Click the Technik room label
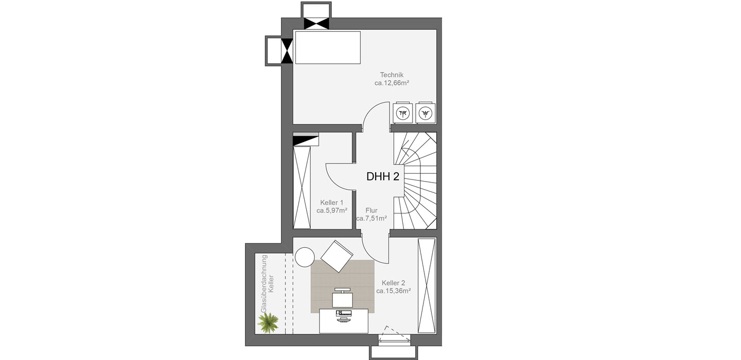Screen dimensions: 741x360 point(392,75)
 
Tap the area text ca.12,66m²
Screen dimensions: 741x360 point(392,83)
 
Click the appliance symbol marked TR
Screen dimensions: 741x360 point(402,113)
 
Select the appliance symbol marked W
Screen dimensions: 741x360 point(426,113)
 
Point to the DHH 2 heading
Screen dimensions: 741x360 point(383,176)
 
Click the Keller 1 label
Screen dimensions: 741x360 point(331,203)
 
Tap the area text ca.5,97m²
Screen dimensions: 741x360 point(331,210)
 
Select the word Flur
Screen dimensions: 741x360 point(372,210)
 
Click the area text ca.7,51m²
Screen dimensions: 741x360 point(372,219)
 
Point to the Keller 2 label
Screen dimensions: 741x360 point(393,283)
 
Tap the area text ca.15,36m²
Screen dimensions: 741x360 point(393,291)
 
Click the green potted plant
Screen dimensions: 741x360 point(268,322)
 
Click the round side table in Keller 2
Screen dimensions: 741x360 point(305,257)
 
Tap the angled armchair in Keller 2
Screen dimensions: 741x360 point(337,256)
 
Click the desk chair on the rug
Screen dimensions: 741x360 point(342,298)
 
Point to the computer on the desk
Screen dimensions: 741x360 point(343,316)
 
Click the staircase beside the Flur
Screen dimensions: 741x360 point(415,181)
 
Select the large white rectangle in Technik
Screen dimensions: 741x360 point(328,48)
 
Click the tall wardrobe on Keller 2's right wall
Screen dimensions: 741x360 point(427,285)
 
